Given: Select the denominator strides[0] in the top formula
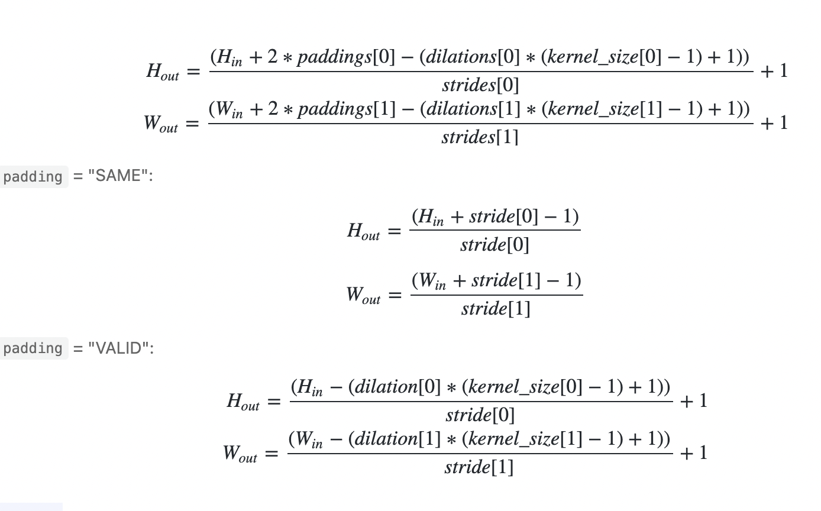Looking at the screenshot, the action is click(480, 86).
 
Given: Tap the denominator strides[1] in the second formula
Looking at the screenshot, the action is click(480, 138).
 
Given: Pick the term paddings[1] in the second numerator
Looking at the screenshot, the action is click(342, 109).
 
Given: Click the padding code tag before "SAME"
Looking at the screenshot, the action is click(33, 177).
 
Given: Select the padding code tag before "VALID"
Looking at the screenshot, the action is click(33, 348).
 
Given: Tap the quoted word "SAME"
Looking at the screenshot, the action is click(118, 176).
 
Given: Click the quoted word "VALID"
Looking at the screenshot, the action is click(119, 348).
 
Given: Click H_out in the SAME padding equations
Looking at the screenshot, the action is click(364, 231).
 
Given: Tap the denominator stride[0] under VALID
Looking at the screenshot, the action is click(480, 415).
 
